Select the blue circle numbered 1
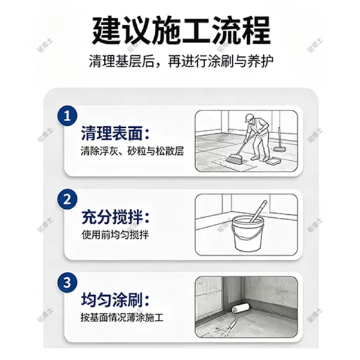pyautogui.click(x=67, y=116)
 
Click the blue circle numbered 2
pyautogui.click(x=67, y=199)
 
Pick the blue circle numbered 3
pyautogui.click(x=67, y=283)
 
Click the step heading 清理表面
pyautogui.click(x=115, y=133)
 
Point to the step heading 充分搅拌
pyautogui.click(x=115, y=217)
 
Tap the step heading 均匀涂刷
pyautogui.click(x=115, y=300)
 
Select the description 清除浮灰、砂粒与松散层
pyautogui.click(x=132, y=152)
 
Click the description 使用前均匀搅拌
pyautogui.click(x=115, y=235)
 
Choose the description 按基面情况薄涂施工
pyautogui.click(x=122, y=318)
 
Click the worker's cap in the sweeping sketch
pyautogui.click(x=249, y=118)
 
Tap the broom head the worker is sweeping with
pyautogui.click(x=234, y=158)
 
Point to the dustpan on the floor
pyautogui.click(x=273, y=162)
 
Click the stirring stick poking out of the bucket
pyautogui.click(x=259, y=211)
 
